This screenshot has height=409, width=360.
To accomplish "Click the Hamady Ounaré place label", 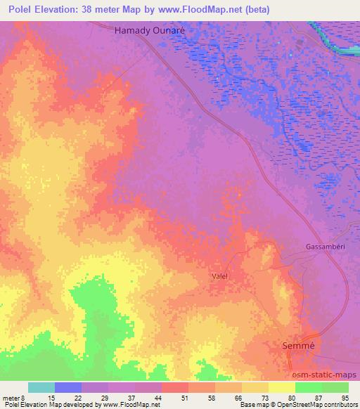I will pos(148,32).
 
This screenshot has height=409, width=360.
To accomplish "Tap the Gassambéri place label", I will pos(325,247).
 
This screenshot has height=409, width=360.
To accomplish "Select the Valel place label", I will pos(221,276).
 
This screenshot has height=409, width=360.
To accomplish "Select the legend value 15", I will pos(55,397).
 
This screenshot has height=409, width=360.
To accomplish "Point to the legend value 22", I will pos(82,397).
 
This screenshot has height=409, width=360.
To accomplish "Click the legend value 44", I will pos(162,397).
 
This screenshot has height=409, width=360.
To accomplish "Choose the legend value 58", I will pos(215,397).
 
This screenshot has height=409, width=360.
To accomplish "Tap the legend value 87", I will pos(321,397).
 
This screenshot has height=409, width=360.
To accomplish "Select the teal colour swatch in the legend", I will pos(41,387).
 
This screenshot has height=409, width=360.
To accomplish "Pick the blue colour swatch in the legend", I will pos(68,387).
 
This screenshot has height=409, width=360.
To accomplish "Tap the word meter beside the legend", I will pos(10,397).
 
